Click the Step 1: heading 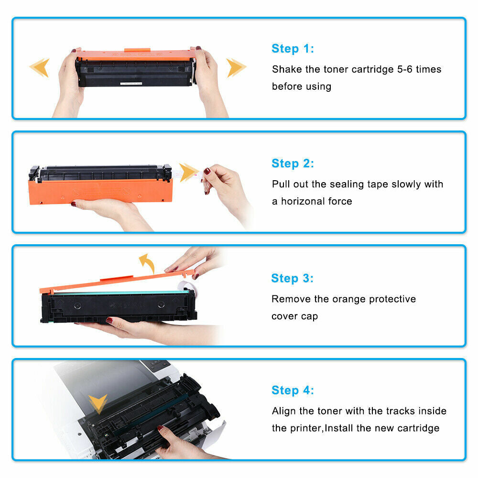tap(293, 49)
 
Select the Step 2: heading tap(293, 163)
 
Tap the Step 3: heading tap(292, 278)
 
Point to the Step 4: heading tap(293, 391)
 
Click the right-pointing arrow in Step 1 tap(236, 67)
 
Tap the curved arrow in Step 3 tap(146, 263)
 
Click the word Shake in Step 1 tap(287, 69)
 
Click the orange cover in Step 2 tap(100, 191)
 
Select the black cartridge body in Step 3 tap(119, 306)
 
